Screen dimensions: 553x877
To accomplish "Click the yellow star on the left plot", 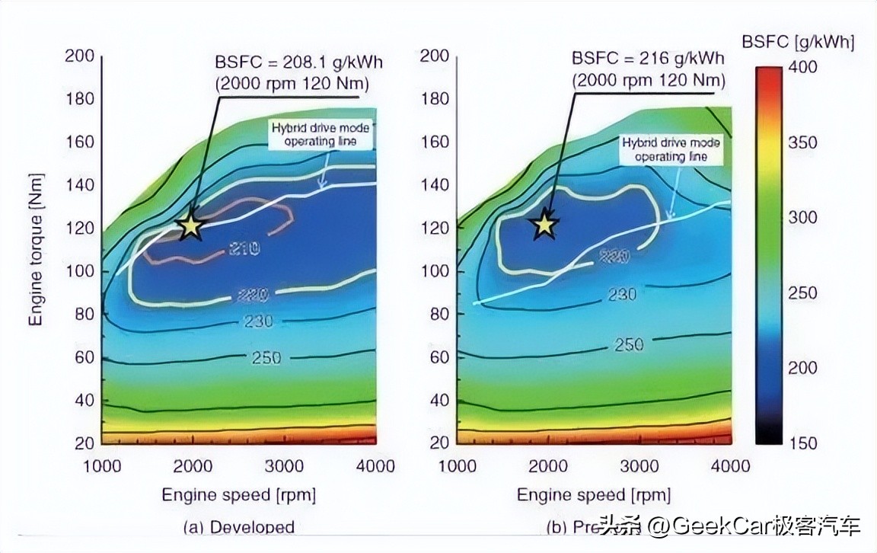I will click(x=191, y=225).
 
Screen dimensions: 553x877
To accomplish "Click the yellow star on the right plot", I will click(x=545, y=225).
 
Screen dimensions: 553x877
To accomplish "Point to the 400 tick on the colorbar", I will click(x=802, y=67).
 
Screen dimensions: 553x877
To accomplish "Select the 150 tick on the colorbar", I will click(x=802, y=443).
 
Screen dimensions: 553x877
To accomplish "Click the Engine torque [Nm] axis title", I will click(x=36, y=250).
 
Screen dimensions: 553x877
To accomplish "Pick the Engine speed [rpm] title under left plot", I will click(x=238, y=495).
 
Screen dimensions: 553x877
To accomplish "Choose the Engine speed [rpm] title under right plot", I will click(x=594, y=495).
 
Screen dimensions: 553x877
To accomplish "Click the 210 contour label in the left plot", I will click(x=244, y=248).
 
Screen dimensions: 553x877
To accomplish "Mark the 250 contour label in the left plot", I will click(x=266, y=357).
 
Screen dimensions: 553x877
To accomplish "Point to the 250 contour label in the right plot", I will click(x=629, y=345).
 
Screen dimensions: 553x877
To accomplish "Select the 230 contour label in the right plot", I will click(x=622, y=294).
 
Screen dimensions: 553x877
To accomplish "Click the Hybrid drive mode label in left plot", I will click(x=321, y=135).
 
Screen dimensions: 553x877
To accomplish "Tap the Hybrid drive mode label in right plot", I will click(x=671, y=149).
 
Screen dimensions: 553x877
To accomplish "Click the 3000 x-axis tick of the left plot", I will click(x=284, y=466).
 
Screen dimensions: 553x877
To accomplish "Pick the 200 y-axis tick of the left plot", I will click(x=79, y=56).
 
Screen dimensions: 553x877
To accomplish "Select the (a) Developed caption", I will click(x=240, y=527).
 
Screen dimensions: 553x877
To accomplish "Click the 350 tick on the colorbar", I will click(x=802, y=142).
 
